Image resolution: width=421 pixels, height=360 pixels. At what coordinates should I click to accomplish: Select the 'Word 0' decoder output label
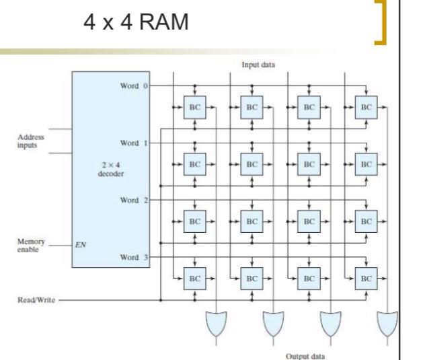(132, 86)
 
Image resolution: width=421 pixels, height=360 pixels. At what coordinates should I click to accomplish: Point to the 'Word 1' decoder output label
(132, 143)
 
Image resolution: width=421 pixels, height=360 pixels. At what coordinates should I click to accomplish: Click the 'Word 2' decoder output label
(132, 201)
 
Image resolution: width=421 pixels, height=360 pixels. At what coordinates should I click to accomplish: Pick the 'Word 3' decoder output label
(132, 258)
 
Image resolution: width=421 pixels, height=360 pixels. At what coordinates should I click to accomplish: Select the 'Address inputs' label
(33, 139)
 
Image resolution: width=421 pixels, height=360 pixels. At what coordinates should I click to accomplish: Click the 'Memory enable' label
(31, 244)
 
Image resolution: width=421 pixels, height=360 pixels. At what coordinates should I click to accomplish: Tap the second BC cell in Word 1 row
(251, 164)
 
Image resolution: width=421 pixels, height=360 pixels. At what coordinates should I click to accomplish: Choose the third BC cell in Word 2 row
(308, 221)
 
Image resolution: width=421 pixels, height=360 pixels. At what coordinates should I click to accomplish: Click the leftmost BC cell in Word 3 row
(194, 277)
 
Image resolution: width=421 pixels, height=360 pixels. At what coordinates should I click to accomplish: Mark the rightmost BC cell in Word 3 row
(366, 277)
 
